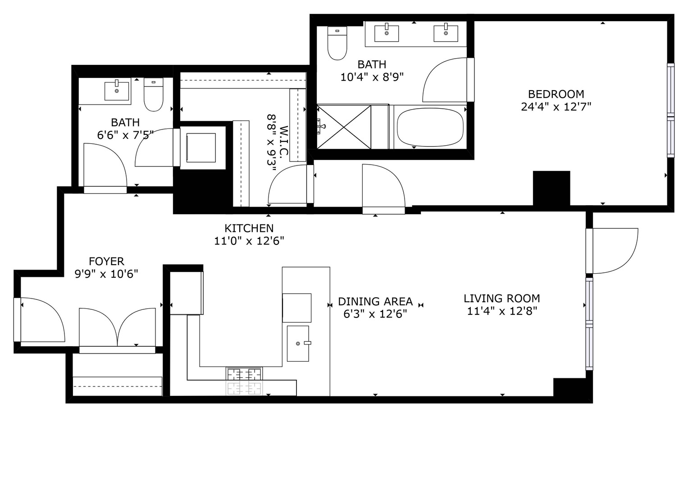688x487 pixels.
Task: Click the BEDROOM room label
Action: pyautogui.click(x=556, y=94)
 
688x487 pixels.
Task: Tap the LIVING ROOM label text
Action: pyautogui.click(x=501, y=299)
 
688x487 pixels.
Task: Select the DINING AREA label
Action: pyautogui.click(x=375, y=301)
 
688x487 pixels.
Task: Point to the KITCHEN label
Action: pyautogui.click(x=249, y=228)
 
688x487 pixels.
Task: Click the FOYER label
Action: pyautogui.click(x=106, y=261)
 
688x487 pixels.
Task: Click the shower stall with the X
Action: pyautogui.click(x=344, y=127)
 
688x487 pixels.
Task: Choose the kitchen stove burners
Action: pyautogui.click(x=244, y=381)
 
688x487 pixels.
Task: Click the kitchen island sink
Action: pyautogui.click(x=298, y=344)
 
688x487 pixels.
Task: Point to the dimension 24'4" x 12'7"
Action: pyautogui.click(x=556, y=107)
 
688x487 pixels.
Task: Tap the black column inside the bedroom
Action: pyautogui.click(x=551, y=188)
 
